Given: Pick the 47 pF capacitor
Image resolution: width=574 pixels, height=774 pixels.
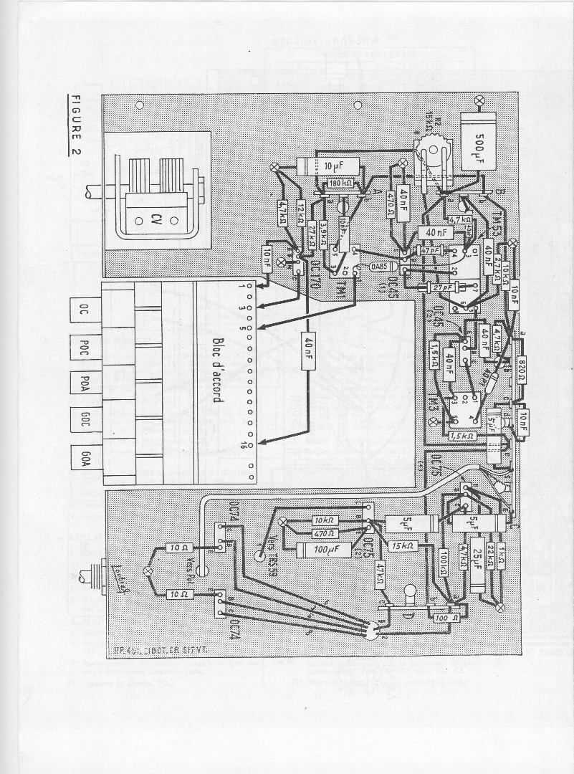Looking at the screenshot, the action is click(x=431, y=252).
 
